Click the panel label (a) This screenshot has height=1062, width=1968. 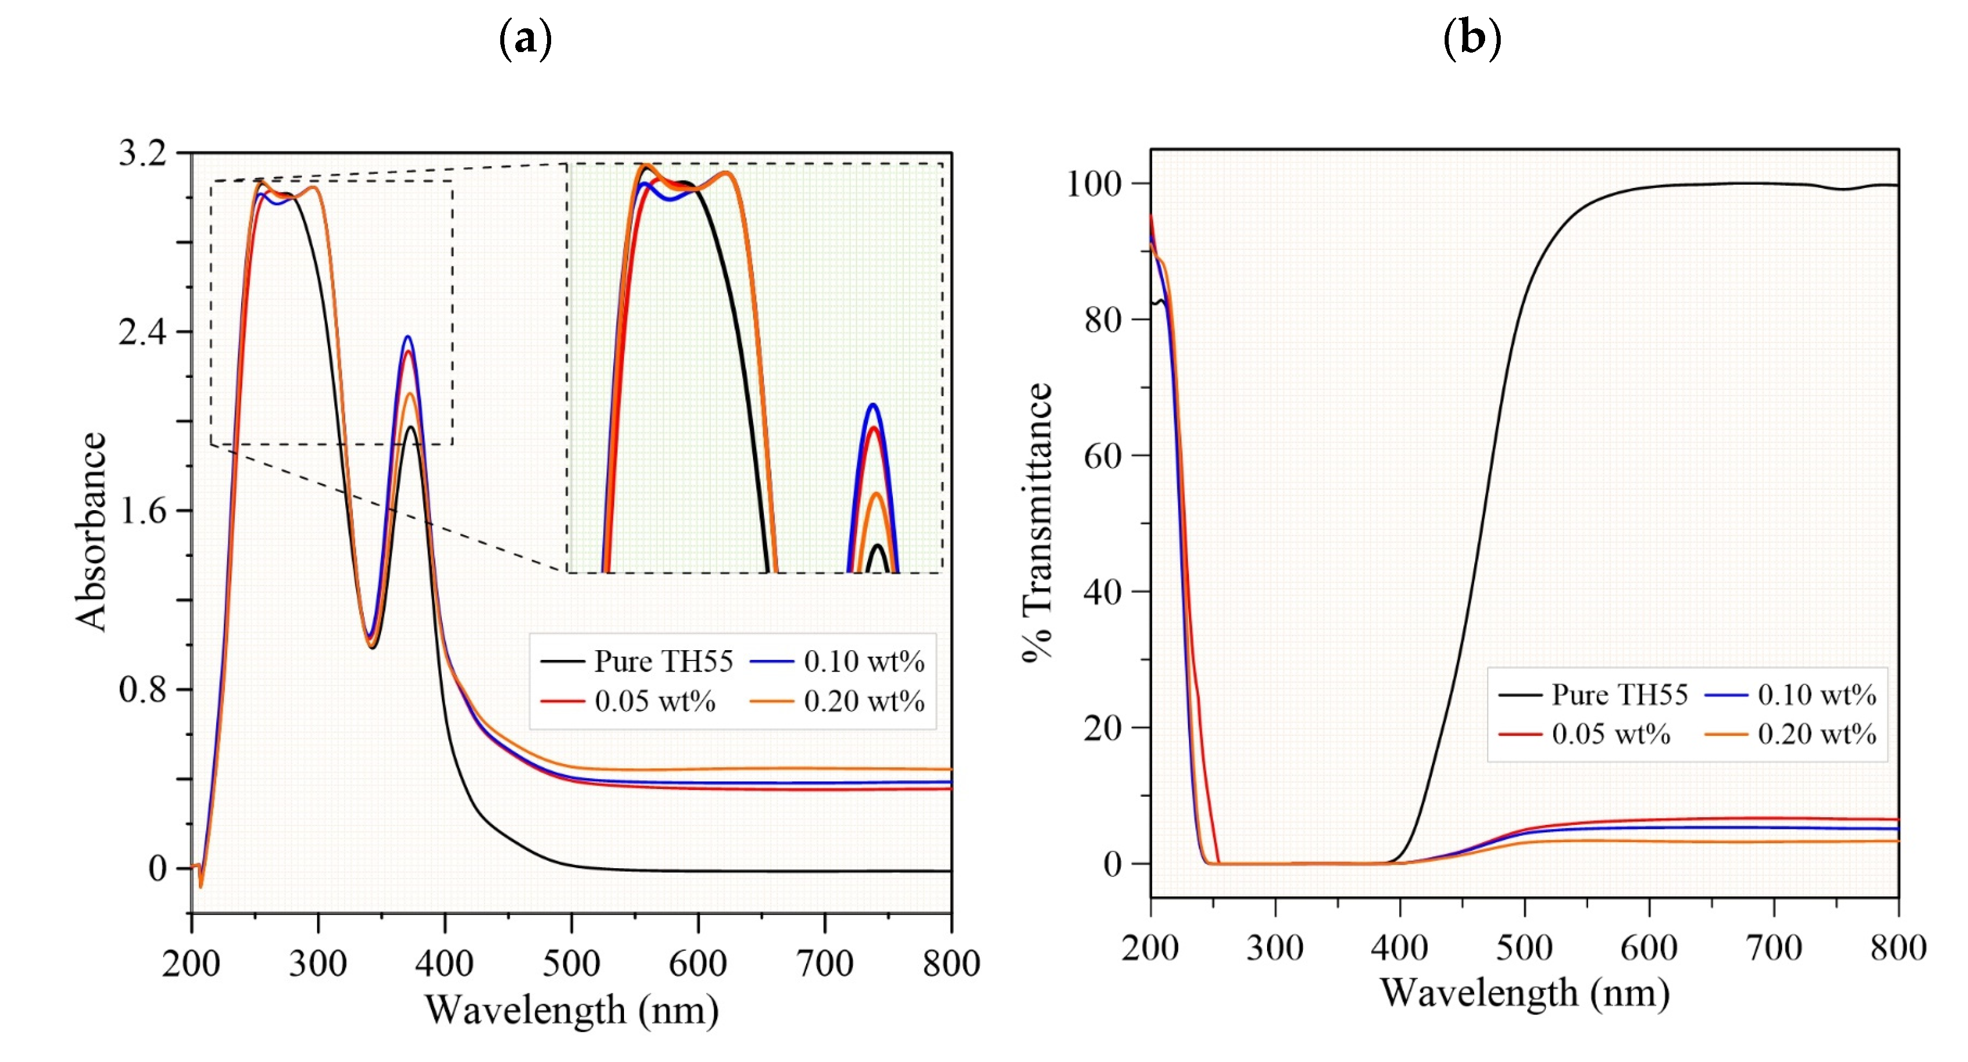point(525,38)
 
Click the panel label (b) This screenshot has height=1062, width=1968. point(1471,38)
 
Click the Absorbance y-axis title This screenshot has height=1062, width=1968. point(91,531)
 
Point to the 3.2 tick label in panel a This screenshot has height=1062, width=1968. point(142,153)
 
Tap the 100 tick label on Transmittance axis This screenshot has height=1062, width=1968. point(1093,183)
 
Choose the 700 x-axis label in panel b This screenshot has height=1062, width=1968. point(1773,947)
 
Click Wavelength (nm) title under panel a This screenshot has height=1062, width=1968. point(571,1010)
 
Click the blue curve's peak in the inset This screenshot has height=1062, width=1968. point(873,405)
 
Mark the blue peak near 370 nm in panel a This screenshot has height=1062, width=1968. point(408,337)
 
